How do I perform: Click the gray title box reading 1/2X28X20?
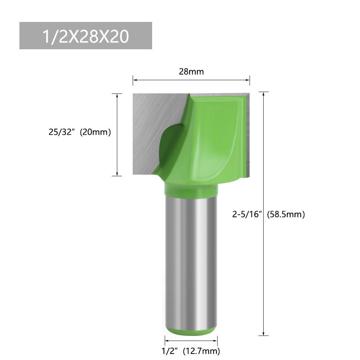(x=86, y=36)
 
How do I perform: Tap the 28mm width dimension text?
(x=191, y=72)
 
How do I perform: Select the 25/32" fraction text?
(x=63, y=132)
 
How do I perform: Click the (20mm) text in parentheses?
(x=95, y=132)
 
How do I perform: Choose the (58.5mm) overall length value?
(x=286, y=215)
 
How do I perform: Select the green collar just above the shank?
(x=191, y=188)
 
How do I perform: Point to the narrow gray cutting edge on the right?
(x=248, y=137)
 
